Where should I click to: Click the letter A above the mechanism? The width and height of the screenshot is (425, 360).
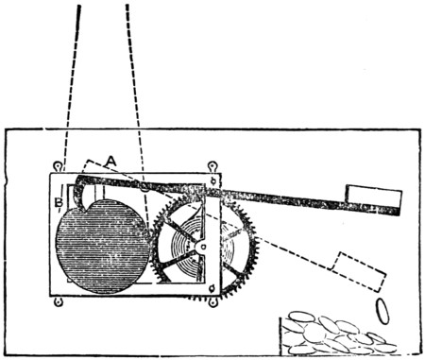coord(111,162)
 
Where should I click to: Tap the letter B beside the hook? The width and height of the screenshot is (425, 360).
coord(58,201)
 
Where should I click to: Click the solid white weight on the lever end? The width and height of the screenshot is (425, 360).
coord(373,197)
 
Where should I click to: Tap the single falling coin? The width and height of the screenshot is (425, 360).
coord(382,309)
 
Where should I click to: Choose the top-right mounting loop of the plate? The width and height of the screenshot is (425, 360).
coord(214,167)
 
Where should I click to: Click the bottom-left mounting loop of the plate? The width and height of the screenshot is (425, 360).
coord(58,301)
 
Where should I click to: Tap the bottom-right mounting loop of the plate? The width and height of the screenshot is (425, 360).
coord(214,301)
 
